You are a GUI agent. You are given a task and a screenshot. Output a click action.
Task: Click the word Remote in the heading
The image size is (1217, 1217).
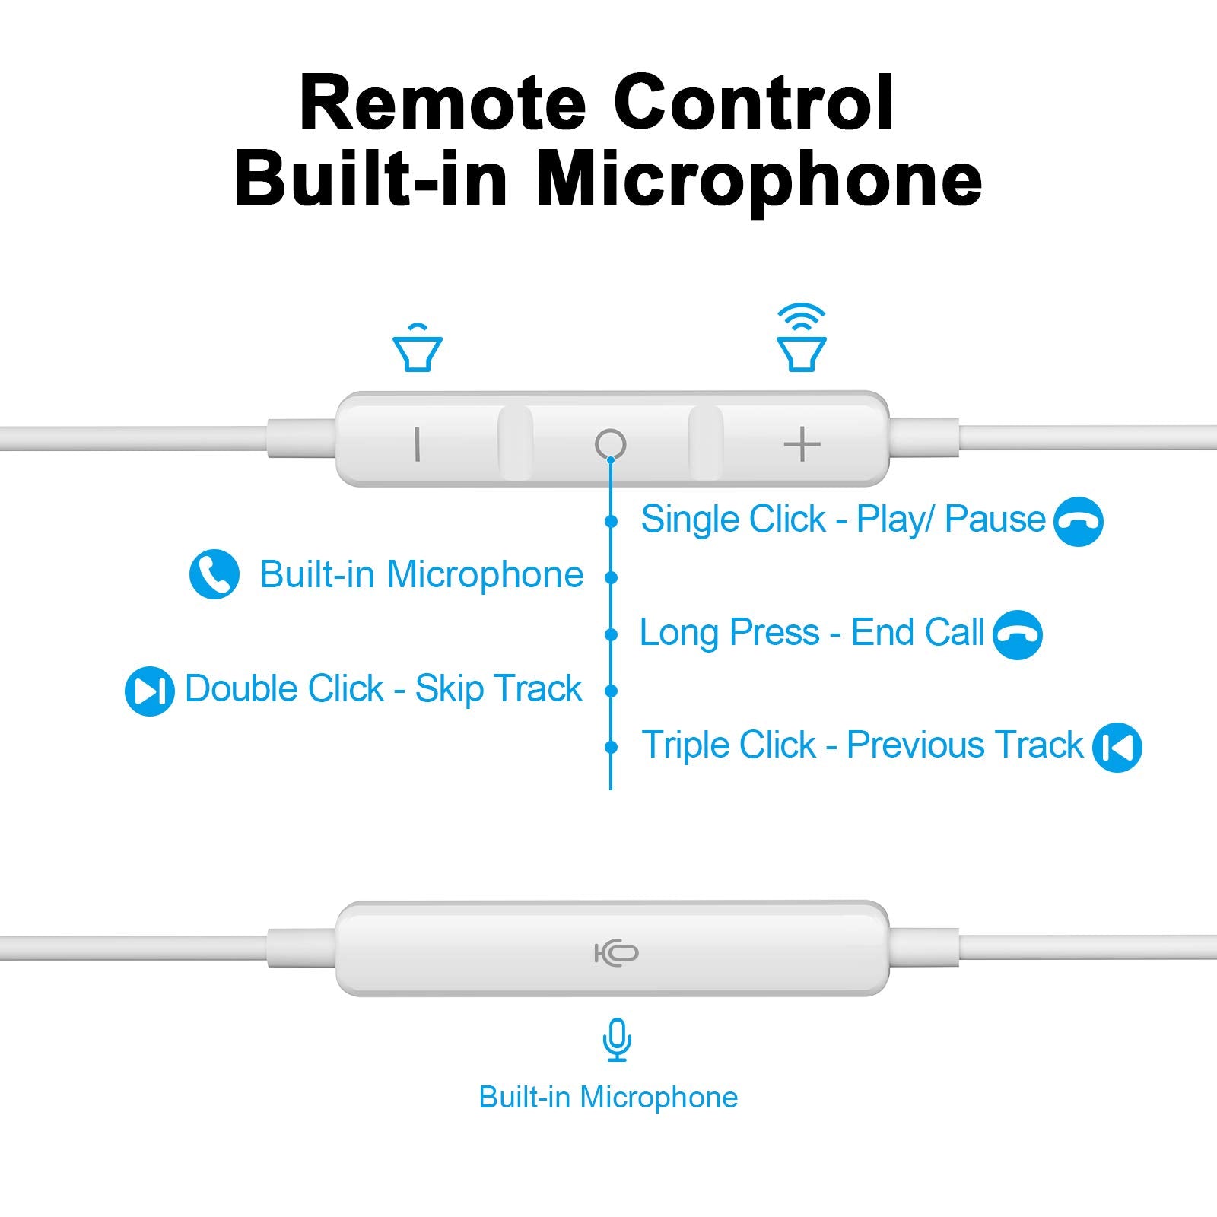[443, 103]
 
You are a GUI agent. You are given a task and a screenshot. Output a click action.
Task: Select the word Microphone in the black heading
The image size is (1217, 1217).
[759, 180]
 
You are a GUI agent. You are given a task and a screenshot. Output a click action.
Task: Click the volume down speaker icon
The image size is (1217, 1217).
[418, 349]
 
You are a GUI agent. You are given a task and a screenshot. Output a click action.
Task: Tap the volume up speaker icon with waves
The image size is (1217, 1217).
[801, 339]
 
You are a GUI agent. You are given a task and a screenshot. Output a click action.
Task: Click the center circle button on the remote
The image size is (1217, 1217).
[610, 443]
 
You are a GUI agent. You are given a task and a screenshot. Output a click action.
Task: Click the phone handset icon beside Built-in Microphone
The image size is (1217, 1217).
[214, 574]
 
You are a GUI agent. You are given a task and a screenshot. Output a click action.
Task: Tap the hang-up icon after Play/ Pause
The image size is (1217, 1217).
[1078, 521]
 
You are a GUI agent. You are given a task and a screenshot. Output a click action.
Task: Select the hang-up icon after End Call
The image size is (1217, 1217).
[1018, 634]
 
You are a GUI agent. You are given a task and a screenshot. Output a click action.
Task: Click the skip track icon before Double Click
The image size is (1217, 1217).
[149, 691]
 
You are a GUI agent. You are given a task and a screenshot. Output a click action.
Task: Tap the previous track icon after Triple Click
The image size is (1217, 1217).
[1117, 747]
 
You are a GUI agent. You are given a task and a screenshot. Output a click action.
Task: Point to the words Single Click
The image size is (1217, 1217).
[733, 520]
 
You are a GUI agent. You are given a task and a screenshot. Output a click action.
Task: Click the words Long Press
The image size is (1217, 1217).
[729, 633]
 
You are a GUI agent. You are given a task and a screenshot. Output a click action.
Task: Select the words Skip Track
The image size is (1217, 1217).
[498, 689]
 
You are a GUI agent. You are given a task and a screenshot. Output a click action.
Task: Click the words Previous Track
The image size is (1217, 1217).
[964, 745]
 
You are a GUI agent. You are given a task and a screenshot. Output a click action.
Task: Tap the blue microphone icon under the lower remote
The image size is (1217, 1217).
[617, 1040]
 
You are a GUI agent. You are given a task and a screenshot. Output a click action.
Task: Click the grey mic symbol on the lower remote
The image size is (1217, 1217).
[616, 952]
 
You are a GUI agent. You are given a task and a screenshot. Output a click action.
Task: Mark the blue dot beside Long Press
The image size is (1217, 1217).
[611, 634]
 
